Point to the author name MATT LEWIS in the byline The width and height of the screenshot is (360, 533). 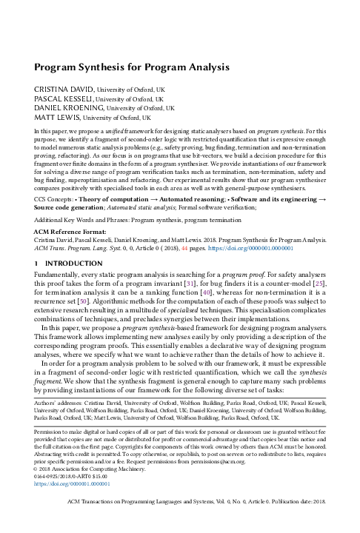pos(56,117)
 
